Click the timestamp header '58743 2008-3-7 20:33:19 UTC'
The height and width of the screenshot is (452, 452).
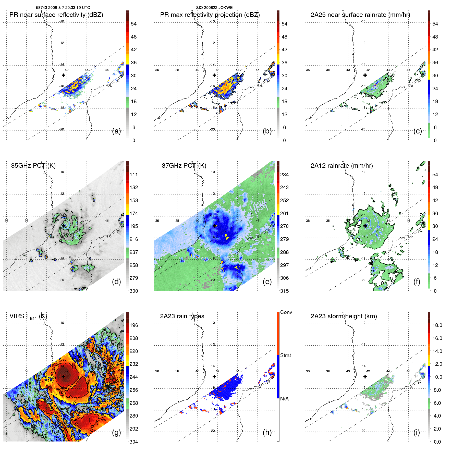coord(63,8)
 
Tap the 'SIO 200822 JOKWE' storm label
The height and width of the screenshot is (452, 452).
coord(214,8)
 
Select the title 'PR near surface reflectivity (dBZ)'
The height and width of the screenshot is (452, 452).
coord(56,15)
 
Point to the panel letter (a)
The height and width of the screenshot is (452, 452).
coord(116,131)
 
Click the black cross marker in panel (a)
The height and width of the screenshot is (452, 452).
coord(64,75)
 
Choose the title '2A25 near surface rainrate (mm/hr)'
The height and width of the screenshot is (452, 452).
coord(360,15)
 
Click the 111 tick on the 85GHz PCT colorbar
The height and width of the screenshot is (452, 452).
coord(134,175)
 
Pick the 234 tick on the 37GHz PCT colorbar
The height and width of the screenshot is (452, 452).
coord(284,175)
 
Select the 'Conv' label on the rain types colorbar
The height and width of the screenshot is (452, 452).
coord(286,312)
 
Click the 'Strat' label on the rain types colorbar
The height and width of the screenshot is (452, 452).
coord(285,356)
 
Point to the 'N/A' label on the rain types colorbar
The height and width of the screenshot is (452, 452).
coord(284,399)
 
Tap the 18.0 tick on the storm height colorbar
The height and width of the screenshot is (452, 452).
coord(437,325)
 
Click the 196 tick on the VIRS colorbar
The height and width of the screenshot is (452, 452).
coord(134,325)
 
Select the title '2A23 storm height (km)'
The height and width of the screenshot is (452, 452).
coord(344,316)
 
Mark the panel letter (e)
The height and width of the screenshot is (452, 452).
coord(267,282)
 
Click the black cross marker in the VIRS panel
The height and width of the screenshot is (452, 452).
coord(64,376)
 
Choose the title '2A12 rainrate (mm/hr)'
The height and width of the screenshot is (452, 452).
coord(341,166)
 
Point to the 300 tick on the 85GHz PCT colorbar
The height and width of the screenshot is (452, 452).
coord(134,291)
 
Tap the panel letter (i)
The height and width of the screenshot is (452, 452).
coord(417,432)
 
